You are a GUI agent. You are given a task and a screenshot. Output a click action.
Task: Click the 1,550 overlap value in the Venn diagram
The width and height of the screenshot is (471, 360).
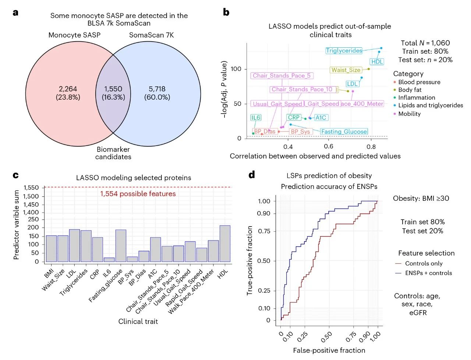pyautogui.click(x=113, y=89)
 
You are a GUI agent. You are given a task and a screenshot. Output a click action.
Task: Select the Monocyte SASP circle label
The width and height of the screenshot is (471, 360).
pyautogui.click(x=74, y=35)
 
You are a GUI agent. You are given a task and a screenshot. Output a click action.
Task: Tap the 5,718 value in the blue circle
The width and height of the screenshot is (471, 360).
pyautogui.click(x=157, y=89)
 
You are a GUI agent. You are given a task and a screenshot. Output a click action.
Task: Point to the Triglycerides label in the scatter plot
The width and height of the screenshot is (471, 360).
pyautogui.click(x=344, y=51)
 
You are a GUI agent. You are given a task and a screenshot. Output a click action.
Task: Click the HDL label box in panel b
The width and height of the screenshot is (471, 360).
pyautogui.click(x=377, y=62)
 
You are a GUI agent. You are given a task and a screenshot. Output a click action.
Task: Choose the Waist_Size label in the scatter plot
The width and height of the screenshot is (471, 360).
pyautogui.click(x=346, y=70)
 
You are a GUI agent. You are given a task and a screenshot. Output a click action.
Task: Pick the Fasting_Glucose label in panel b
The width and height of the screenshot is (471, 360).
pyautogui.click(x=344, y=132)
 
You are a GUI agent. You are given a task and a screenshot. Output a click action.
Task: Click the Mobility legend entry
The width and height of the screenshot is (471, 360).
pyautogui.click(x=409, y=114)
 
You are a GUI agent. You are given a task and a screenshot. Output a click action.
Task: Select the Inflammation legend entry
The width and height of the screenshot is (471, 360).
pyautogui.click(x=417, y=97)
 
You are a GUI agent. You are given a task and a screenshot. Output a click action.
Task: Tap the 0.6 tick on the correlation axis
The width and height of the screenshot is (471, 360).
pyautogui.click(x=329, y=146)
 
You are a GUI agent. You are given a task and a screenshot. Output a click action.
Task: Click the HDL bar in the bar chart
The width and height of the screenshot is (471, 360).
pyautogui.click(x=225, y=243)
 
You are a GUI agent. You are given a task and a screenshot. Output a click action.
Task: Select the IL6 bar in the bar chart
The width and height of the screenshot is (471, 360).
pyautogui.click(x=109, y=260)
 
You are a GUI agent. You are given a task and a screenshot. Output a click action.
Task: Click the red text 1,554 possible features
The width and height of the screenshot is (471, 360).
pyautogui.click(x=138, y=194)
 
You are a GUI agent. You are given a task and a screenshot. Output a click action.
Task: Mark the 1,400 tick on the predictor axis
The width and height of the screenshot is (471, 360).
pyautogui.click(x=31, y=212)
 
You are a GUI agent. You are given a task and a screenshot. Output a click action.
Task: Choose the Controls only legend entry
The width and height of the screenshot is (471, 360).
pyautogui.click(x=424, y=263)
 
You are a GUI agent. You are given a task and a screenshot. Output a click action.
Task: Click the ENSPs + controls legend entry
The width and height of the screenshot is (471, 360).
pyautogui.click(x=428, y=273)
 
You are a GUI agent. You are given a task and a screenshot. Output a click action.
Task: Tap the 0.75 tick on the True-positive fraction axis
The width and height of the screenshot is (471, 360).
pyautogui.click(x=264, y=231)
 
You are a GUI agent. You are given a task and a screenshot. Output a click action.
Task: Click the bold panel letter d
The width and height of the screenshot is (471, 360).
pyautogui.click(x=252, y=175)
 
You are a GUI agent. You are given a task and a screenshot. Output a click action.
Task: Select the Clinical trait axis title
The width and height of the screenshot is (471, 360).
pyautogui.click(x=138, y=321)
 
